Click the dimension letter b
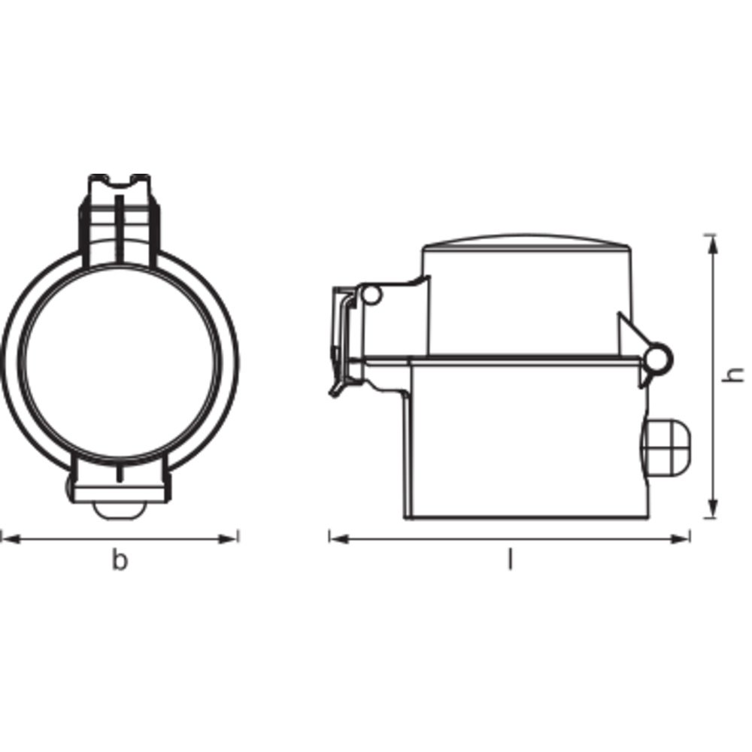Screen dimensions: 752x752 point(120,560)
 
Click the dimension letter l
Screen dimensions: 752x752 point(510,559)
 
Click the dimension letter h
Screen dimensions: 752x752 point(732,374)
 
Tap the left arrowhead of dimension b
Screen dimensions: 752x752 point(11,539)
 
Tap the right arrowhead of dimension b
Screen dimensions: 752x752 point(229,539)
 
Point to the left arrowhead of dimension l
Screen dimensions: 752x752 point(339,539)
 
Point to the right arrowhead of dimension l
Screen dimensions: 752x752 point(680,539)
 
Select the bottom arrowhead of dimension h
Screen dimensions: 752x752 point(714,508)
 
